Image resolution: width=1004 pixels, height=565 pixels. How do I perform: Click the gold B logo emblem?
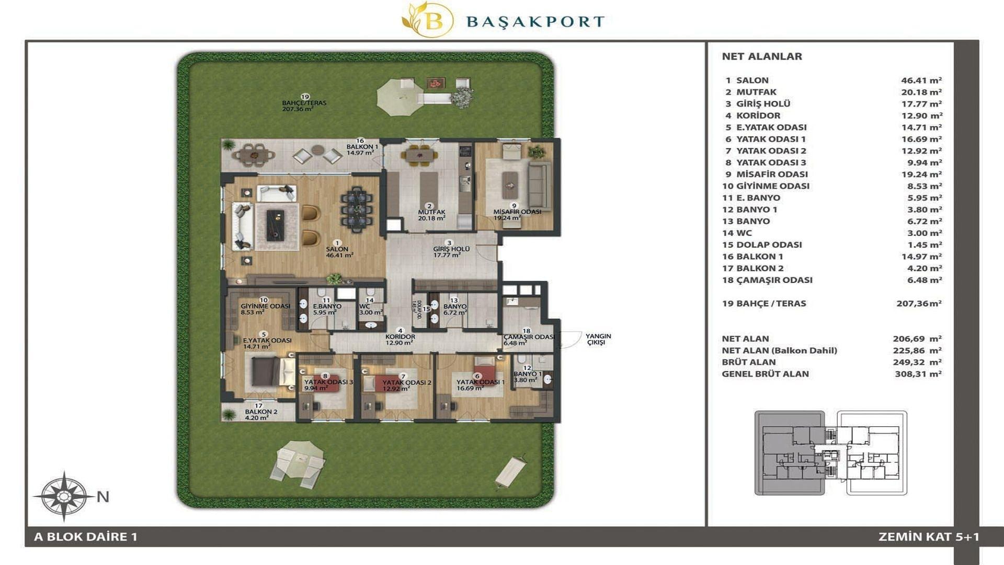(x=428, y=20)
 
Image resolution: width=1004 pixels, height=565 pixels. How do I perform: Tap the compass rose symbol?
(x=63, y=496)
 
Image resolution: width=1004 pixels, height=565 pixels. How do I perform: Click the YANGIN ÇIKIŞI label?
(x=598, y=339)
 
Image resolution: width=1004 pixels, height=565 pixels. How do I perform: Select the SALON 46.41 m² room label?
(x=338, y=252)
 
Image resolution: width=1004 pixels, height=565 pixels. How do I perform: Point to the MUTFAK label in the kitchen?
(x=431, y=212)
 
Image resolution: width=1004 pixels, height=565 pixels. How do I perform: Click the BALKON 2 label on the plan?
(x=261, y=412)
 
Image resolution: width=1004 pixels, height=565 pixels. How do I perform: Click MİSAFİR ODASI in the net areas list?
(x=772, y=174)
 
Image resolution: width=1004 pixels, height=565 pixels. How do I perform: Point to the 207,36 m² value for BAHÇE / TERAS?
(x=919, y=303)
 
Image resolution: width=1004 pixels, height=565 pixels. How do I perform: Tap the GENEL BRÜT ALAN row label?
(x=765, y=374)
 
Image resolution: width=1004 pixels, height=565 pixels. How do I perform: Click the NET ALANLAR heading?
(x=762, y=56)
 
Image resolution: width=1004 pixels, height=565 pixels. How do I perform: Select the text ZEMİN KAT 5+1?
(x=929, y=537)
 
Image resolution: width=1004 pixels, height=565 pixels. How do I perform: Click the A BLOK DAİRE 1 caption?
(x=85, y=537)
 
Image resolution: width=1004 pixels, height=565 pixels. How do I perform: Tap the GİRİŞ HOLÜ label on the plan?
(x=451, y=249)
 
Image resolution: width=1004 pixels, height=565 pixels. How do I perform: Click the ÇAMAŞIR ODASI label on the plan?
(x=529, y=337)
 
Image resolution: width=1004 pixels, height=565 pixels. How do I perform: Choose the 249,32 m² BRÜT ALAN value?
(x=918, y=362)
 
